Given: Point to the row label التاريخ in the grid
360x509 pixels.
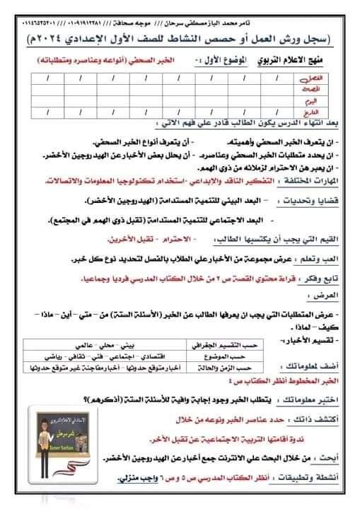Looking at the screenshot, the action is pyautogui.click(x=325, y=111).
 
